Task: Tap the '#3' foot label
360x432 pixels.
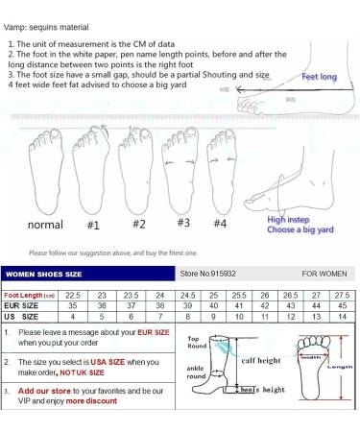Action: click(183, 222)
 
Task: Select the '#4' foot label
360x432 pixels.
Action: click(220, 224)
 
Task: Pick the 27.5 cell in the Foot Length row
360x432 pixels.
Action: click(342, 295)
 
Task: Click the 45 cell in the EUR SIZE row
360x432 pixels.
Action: click(342, 305)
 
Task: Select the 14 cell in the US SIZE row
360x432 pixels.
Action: click(342, 316)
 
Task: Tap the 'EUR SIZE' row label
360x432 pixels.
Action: click(23, 305)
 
